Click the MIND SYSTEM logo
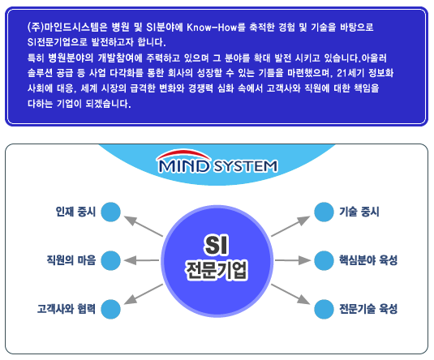(217, 162)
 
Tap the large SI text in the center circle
(217, 245)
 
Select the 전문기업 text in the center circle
(217, 270)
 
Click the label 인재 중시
(75, 212)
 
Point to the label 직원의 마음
(71, 260)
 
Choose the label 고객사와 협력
(67, 309)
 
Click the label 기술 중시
(359, 212)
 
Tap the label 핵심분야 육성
(368, 260)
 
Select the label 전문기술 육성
(368, 309)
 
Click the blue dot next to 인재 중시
(110, 212)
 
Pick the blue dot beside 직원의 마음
(110, 260)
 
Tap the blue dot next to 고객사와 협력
(110, 309)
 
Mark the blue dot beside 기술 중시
(324, 212)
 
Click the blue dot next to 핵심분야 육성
(324, 260)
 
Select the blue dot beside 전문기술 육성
(324, 309)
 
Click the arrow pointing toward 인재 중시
(144, 226)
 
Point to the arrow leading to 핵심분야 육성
(293, 260)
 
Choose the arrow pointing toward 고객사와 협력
(144, 294)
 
